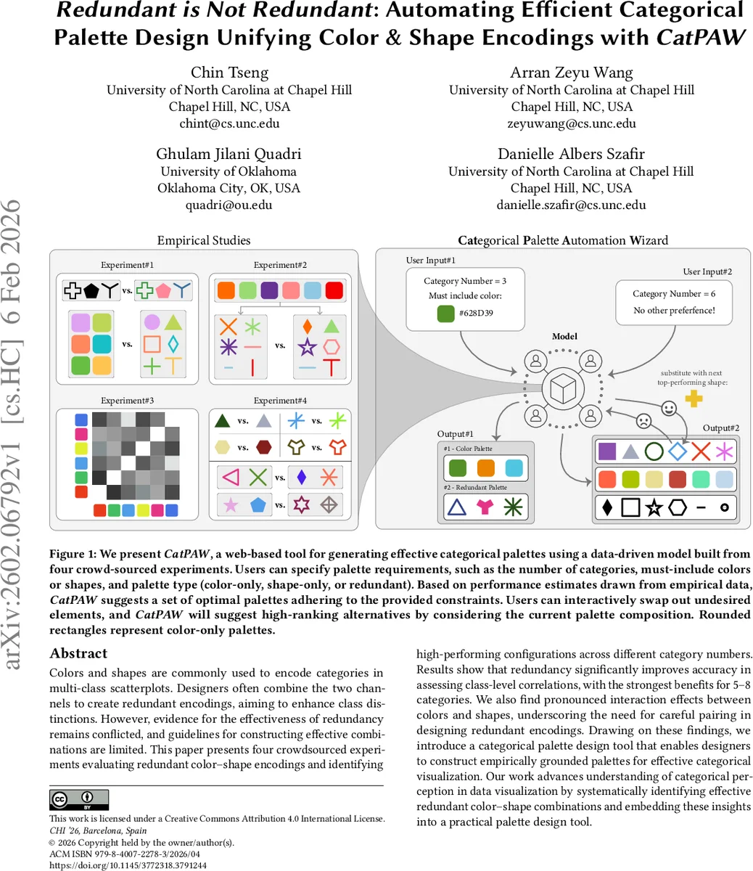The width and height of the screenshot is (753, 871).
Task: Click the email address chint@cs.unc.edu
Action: [229, 123]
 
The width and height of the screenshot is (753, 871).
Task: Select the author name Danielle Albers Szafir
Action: [571, 154]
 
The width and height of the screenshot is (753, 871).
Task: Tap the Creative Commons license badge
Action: [79, 800]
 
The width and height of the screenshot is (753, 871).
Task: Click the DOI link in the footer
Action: [128, 865]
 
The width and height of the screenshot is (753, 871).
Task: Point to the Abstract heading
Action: [78, 653]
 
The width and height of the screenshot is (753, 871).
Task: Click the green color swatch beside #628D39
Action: [446, 314]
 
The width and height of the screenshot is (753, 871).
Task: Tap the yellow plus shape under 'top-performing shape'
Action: [694, 398]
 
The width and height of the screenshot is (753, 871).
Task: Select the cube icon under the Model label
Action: [563, 388]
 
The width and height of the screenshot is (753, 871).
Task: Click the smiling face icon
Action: [669, 409]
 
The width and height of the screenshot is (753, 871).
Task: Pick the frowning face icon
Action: [643, 420]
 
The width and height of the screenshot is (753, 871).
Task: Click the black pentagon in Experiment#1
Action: [91, 291]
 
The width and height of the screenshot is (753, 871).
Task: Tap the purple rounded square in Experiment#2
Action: [269, 290]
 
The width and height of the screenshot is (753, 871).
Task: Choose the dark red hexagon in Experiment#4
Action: [263, 447]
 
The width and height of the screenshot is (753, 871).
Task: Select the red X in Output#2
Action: [700, 451]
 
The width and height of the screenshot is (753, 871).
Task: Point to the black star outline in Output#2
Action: [654, 507]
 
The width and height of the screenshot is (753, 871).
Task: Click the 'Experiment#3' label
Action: [128, 401]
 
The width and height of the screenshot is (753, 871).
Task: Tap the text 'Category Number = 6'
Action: [674, 294]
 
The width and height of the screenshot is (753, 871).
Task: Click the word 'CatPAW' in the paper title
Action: [700, 37]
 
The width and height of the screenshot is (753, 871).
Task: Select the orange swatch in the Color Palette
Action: [485, 468]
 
